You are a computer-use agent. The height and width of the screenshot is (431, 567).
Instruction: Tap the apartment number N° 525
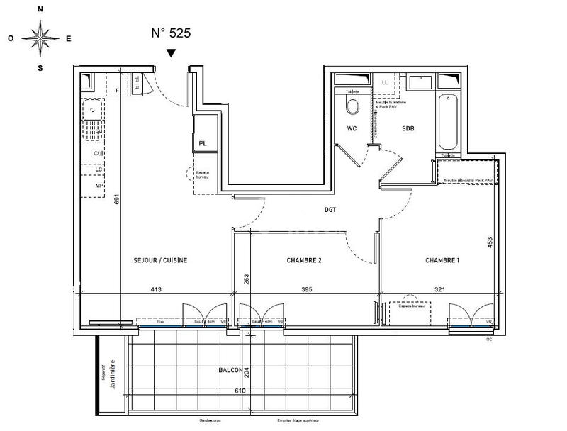pos(171,33)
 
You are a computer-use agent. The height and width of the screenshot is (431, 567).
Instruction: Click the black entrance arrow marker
pos(171,53)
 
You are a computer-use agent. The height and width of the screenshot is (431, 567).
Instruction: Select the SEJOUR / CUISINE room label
pos(160,261)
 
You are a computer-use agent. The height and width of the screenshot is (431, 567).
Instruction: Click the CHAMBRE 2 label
pos(304,261)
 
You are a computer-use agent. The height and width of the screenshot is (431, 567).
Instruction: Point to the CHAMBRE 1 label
pos(442,261)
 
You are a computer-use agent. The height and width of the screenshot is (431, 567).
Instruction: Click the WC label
pos(351,129)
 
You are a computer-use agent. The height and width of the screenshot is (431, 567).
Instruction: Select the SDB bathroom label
pos(408,129)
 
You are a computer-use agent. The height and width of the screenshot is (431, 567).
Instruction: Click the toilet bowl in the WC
pos(352,106)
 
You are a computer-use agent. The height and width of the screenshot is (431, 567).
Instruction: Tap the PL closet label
pos(203,144)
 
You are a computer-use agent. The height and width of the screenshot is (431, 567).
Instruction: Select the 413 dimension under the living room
pos(157,289)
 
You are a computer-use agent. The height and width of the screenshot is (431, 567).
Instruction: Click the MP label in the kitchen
pos(99,186)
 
